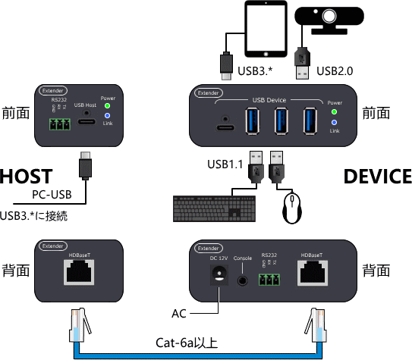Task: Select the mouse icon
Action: [292, 209]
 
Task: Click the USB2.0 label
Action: [335, 71]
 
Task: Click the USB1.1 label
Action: [226, 164]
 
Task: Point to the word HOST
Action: [26, 177]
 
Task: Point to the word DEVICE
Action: [377, 177]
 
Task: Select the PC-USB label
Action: [52, 196]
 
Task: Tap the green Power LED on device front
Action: [335, 112]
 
